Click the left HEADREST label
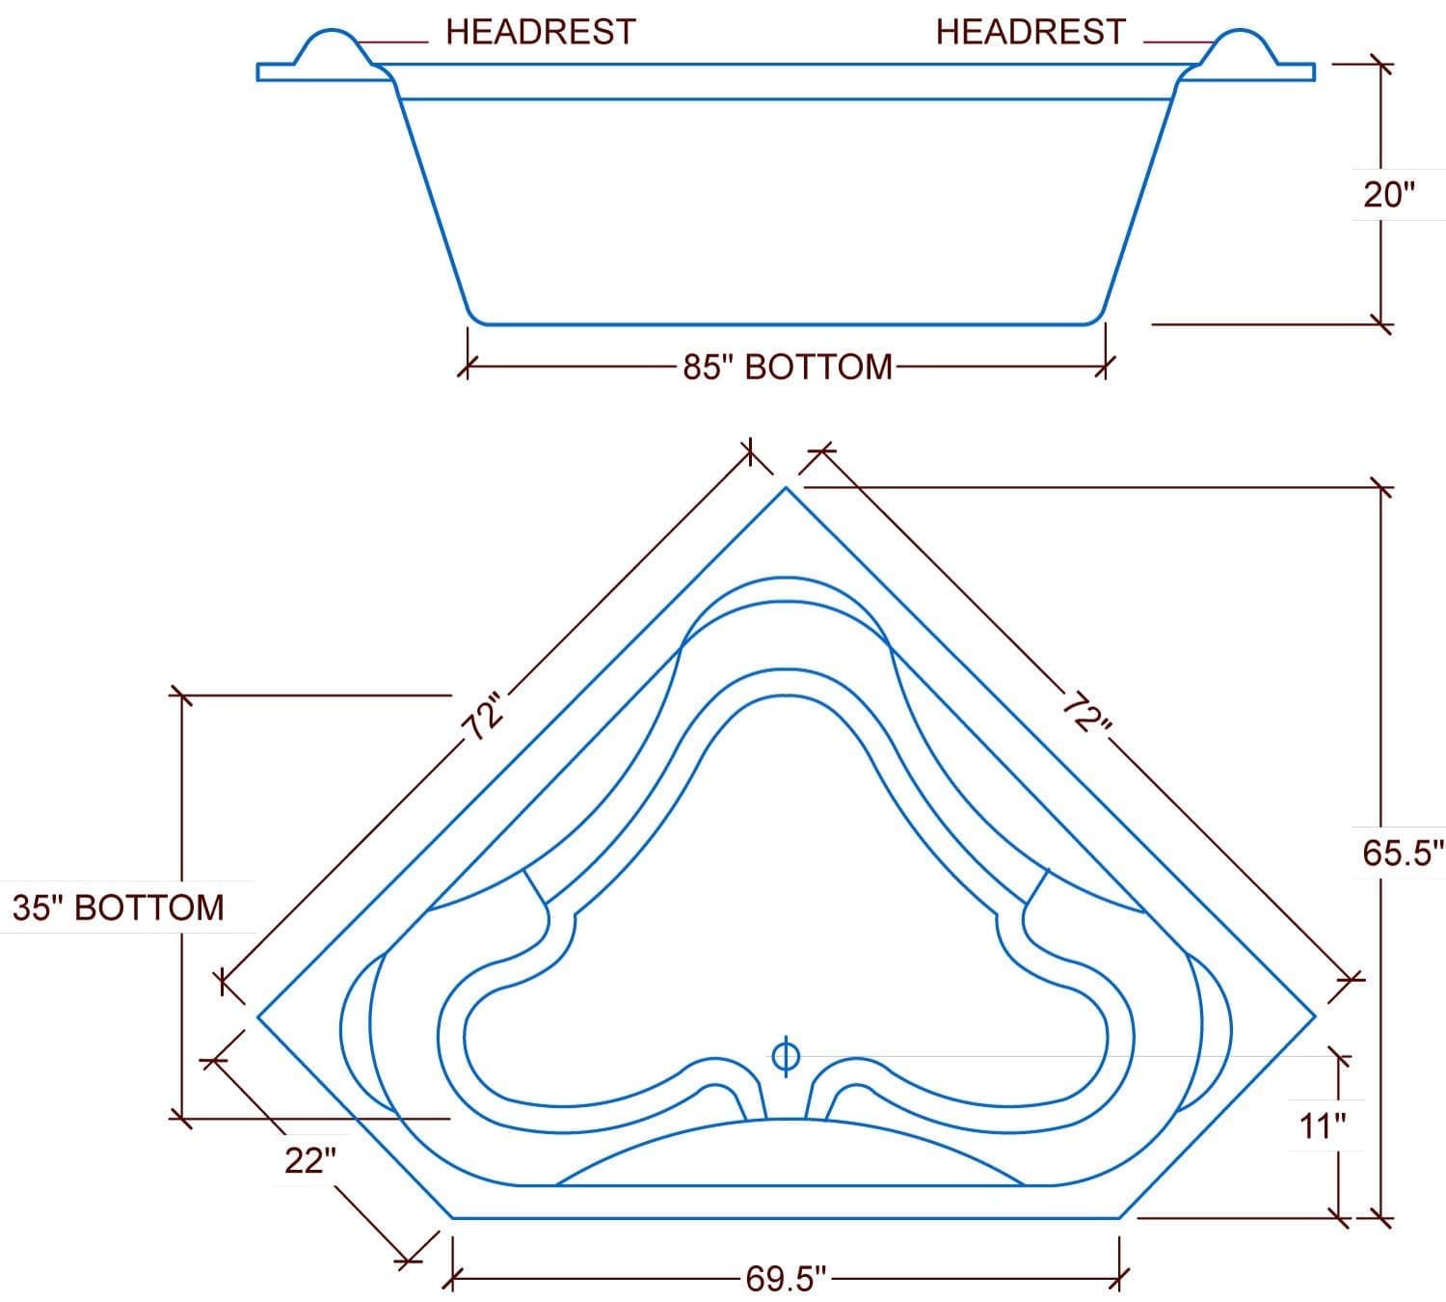541,33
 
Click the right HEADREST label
1031,33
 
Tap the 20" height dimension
1389,195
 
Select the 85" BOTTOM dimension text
788,367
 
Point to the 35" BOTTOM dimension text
119,908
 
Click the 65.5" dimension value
1403,854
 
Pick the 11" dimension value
1323,1126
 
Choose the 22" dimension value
310,1160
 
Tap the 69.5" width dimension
786,1279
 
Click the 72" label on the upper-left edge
484,717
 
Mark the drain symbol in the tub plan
786,1056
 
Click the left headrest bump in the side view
333,47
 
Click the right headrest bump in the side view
1239,47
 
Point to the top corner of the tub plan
786,488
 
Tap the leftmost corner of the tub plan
258,1017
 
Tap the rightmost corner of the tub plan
1315,1017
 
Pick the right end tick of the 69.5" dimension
1119,1280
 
